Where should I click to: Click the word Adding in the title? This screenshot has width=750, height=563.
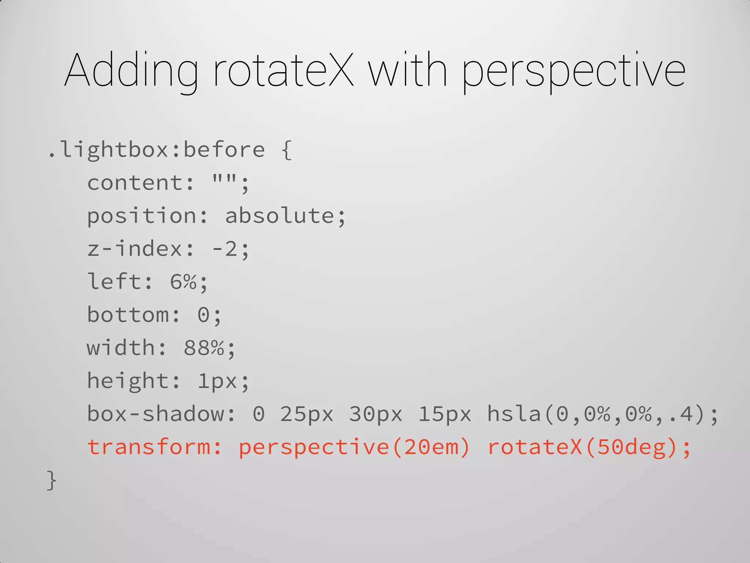click(131, 70)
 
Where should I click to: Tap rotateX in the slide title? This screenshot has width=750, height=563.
click(283, 70)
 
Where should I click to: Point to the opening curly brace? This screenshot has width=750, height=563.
click(287, 150)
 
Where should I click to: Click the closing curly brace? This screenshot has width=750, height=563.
click(52, 480)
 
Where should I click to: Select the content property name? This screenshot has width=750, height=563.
click(135, 183)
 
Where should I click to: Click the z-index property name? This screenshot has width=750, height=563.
click(135, 249)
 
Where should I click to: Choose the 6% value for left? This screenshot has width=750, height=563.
click(183, 282)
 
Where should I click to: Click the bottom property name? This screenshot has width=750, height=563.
click(128, 315)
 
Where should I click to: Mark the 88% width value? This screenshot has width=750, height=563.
click(204, 348)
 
